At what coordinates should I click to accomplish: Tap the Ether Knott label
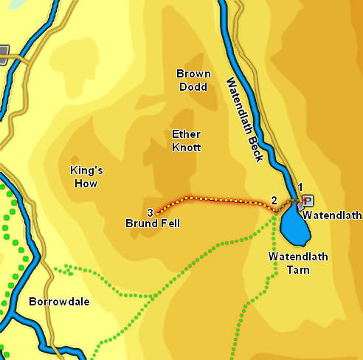[186, 140]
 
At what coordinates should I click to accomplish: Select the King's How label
[86, 176]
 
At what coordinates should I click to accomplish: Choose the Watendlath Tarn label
[298, 263]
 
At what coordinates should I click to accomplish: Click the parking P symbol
[308, 200]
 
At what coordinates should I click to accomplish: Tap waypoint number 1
[300, 187]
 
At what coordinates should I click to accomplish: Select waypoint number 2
[274, 200]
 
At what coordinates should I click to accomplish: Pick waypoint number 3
[150, 212]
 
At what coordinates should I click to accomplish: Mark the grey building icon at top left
[3, 52]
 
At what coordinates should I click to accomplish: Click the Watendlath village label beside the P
[332, 216]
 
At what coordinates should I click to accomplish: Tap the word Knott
[186, 147]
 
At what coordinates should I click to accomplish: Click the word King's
[86, 170]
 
